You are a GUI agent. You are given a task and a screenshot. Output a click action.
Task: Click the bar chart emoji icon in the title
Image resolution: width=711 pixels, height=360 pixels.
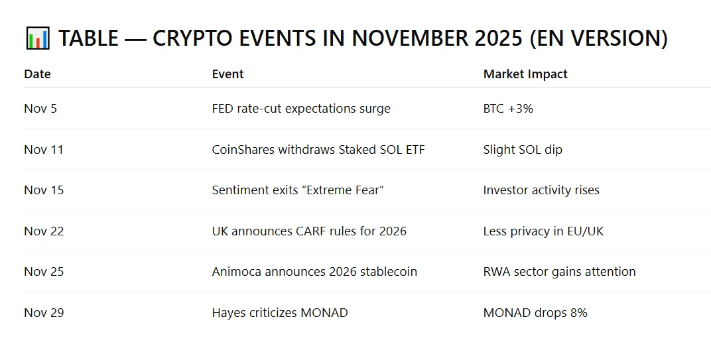click(x=37, y=38)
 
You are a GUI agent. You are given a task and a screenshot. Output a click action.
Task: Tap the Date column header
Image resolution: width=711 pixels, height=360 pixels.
click(x=37, y=74)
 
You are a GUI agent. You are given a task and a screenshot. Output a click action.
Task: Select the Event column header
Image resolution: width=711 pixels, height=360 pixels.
click(x=227, y=74)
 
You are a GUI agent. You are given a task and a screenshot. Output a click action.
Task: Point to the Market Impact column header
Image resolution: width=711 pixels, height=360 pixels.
click(x=525, y=74)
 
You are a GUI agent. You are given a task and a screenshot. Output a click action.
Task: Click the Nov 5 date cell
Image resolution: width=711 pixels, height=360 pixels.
click(x=40, y=109)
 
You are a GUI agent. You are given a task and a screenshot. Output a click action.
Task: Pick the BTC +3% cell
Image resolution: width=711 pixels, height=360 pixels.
click(x=508, y=109)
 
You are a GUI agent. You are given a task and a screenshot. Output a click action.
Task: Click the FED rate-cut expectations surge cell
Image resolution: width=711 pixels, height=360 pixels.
click(x=301, y=109)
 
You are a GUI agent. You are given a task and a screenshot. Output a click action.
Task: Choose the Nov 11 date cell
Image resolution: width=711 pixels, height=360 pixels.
click(x=44, y=150)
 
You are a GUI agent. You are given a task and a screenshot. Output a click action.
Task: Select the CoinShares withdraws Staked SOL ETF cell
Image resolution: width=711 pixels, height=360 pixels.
click(x=318, y=150)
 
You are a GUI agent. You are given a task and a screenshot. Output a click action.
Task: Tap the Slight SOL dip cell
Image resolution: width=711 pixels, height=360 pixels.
click(x=523, y=150)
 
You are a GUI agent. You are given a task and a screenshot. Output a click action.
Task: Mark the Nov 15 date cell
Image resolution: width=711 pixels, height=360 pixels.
click(x=44, y=190)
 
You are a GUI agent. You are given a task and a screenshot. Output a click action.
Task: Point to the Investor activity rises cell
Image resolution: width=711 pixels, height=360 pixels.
click(x=541, y=190)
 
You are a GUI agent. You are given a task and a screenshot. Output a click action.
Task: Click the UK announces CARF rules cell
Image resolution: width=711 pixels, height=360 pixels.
click(x=309, y=231)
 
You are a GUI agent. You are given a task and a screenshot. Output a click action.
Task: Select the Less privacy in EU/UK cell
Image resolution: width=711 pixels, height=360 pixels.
click(x=543, y=231)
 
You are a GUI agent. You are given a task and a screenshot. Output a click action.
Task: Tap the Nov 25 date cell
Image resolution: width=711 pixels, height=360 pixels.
click(x=44, y=272)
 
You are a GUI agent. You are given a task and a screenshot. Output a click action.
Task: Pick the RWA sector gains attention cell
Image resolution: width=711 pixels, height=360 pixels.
click(x=559, y=272)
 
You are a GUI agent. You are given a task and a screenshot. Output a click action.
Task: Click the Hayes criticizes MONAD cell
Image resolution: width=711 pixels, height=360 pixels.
click(x=280, y=313)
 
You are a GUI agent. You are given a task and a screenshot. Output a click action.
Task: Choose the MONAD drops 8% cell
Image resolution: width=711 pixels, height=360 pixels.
click(x=535, y=313)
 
